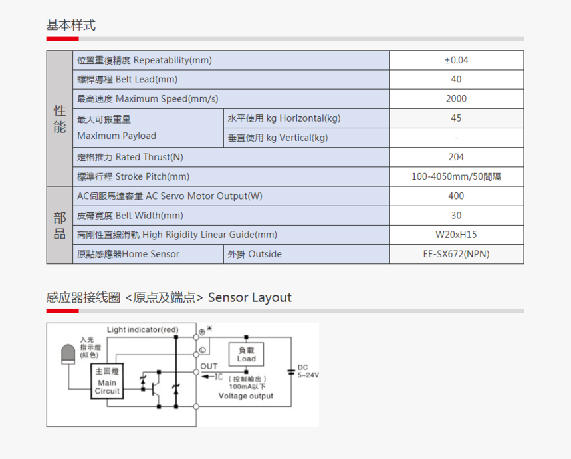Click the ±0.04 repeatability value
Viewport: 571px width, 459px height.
point(456,60)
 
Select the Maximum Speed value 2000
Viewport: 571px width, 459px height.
point(456,98)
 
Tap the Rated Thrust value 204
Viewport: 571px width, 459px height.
point(456,157)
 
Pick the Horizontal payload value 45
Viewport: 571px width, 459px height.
point(456,118)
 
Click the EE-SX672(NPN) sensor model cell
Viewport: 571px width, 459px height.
point(456,254)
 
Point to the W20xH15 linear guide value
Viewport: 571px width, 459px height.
point(456,235)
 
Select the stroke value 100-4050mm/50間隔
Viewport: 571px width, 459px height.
point(456,177)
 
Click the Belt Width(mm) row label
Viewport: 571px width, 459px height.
point(130,216)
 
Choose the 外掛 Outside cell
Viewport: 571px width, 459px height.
point(255,254)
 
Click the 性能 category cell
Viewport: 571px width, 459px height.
point(60,119)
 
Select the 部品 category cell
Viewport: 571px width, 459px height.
point(60,225)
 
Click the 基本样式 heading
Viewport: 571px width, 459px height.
point(71,25)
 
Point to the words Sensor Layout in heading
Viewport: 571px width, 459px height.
point(250,297)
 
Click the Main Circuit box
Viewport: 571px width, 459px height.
point(107,381)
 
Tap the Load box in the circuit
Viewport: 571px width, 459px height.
point(246,354)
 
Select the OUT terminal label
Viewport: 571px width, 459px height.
point(209,366)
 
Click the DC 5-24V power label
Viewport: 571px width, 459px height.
point(308,371)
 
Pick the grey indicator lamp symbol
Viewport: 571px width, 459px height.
point(68,354)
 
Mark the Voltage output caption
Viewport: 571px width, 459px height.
point(246,396)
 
